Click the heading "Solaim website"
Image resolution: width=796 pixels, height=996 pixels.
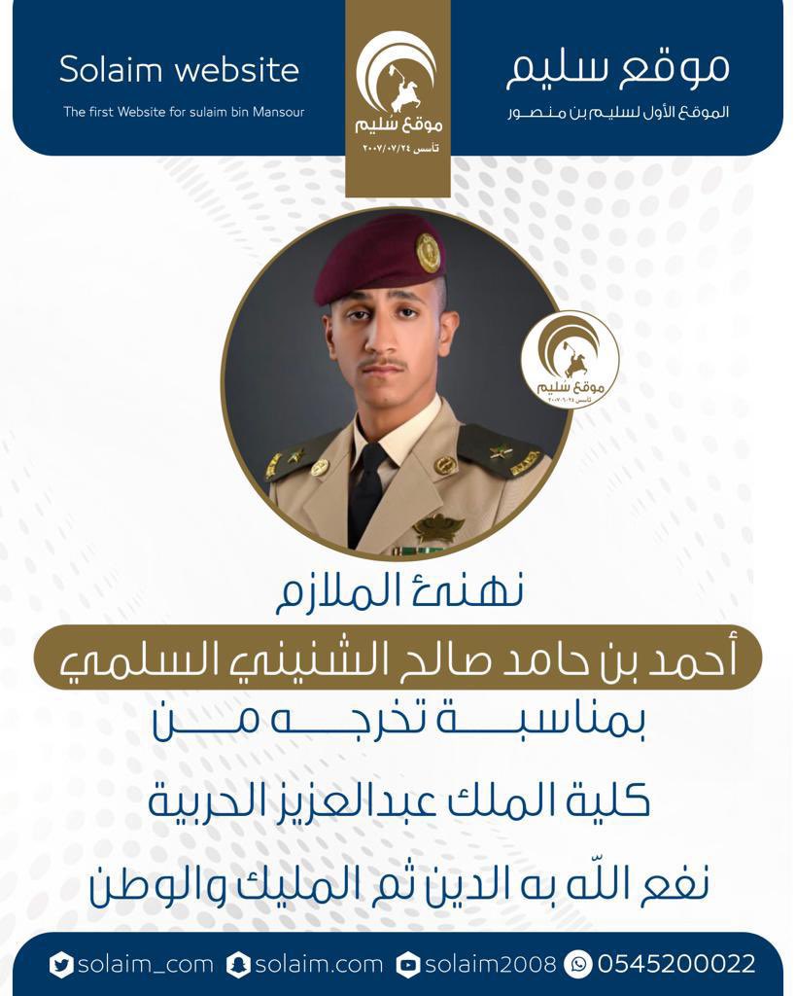coord(179,70)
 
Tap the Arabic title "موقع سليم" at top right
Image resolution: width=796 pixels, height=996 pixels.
coord(618,66)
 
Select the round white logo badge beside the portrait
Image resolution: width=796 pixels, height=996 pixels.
coord(570,360)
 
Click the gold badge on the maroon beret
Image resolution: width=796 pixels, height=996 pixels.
coord(429,252)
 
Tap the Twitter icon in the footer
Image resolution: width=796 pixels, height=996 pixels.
coord(61,964)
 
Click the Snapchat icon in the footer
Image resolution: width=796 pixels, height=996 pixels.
coord(238,964)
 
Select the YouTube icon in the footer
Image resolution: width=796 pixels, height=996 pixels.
coord(408,964)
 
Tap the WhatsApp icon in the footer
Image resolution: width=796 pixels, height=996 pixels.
coord(577,964)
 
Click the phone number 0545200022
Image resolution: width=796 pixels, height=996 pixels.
coord(676,964)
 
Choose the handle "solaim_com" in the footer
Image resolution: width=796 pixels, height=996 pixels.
coord(145,964)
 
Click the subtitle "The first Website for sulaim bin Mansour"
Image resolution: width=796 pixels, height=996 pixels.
coord(184,112)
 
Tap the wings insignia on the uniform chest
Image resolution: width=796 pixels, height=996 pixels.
coord(438,528)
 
